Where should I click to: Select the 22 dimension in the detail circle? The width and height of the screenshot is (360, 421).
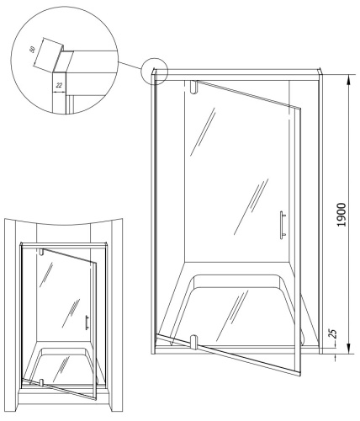click(59, 86)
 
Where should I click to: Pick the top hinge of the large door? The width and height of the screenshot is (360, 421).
click(194, 87)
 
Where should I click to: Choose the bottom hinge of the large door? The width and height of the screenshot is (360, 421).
click(194, 342)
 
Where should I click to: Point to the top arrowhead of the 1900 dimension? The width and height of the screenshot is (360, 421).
click(346, 77)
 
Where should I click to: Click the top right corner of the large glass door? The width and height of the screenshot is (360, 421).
click(300, 106)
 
